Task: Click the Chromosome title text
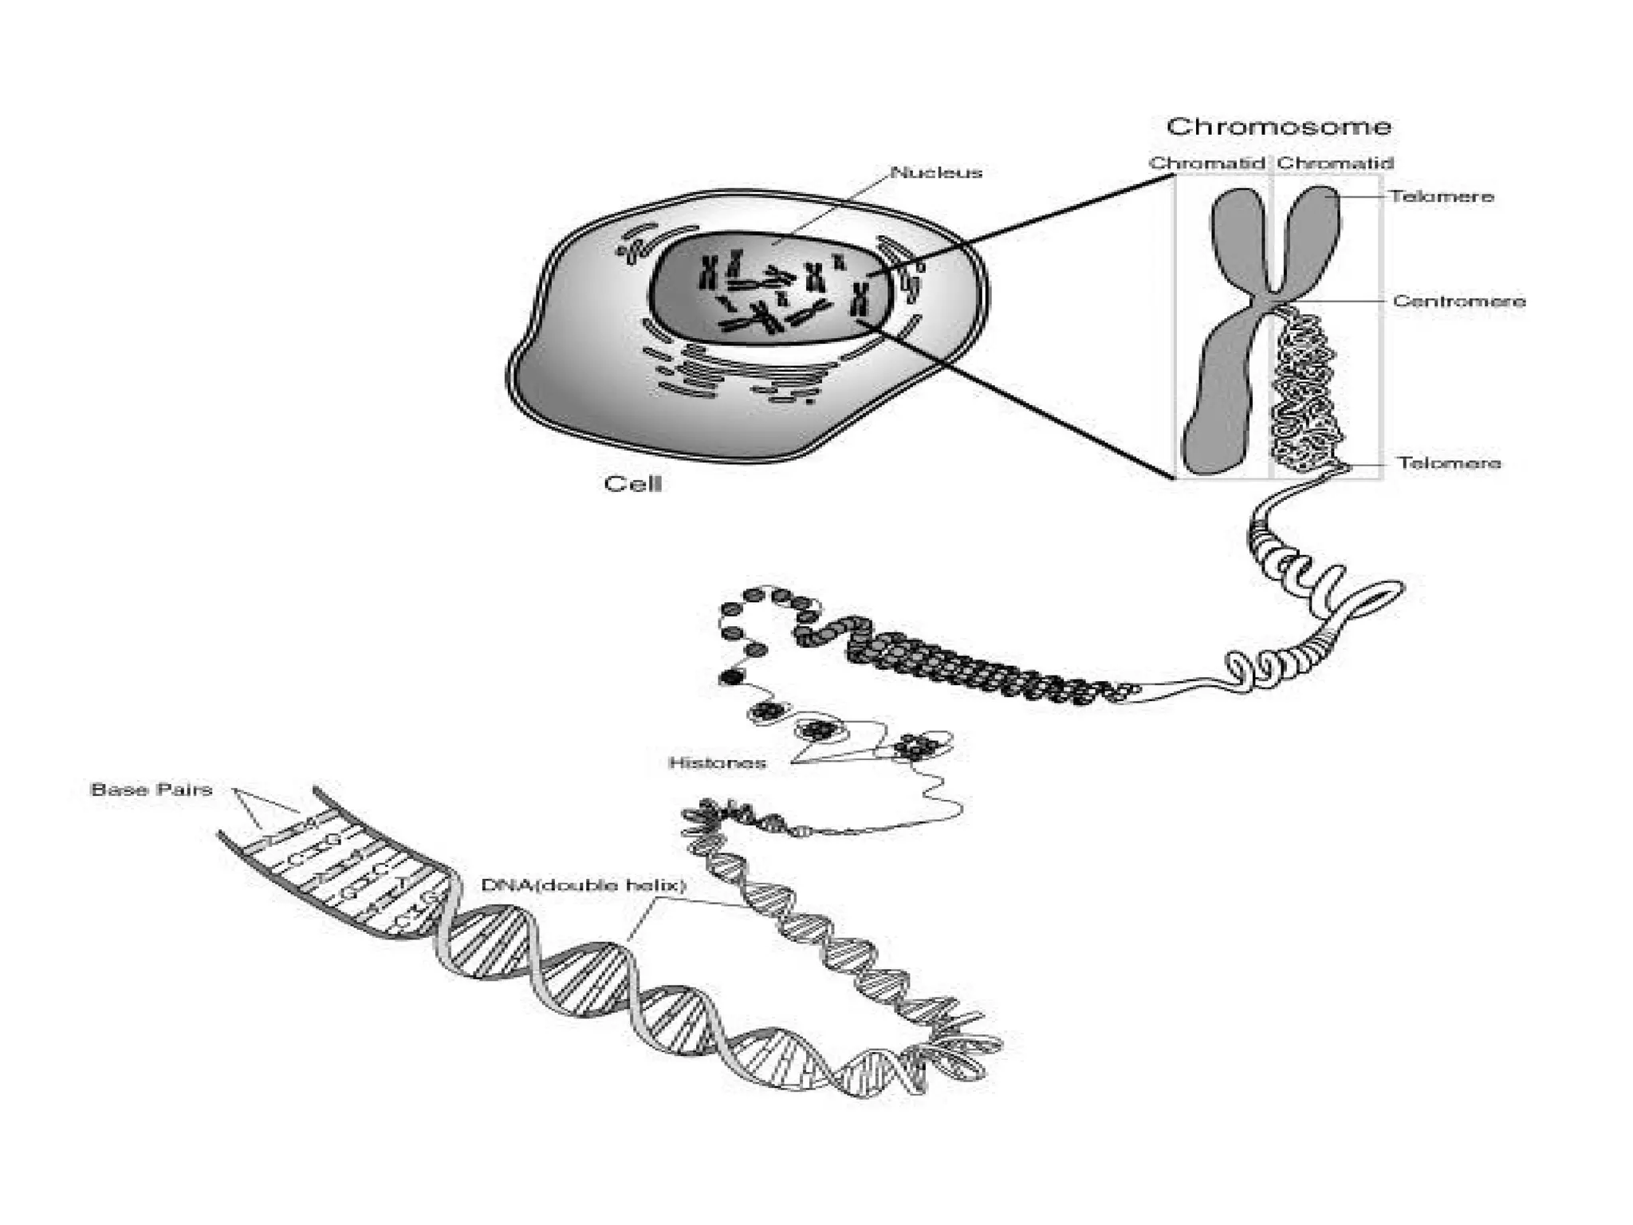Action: click(x=1278, y=127)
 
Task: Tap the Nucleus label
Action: click(x=936, y=172)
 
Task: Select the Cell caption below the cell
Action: click(x=633, y=484)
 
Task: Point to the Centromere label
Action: click(x=1459, y=301)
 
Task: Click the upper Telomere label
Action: click(x=1442, y=196)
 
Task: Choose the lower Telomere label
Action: click(x=1449, y=463)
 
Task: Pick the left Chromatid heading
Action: click(x=1206, y=163)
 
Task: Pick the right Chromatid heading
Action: click(x=1335, y=163)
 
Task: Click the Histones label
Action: click(x=717, y=763)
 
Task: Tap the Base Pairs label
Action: click(x=151, y=790)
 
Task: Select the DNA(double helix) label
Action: click(x=584, y=885)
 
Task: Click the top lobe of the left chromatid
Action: click(x=1236, y=231)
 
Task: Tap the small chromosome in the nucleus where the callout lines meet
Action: click(x=860, y=299)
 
